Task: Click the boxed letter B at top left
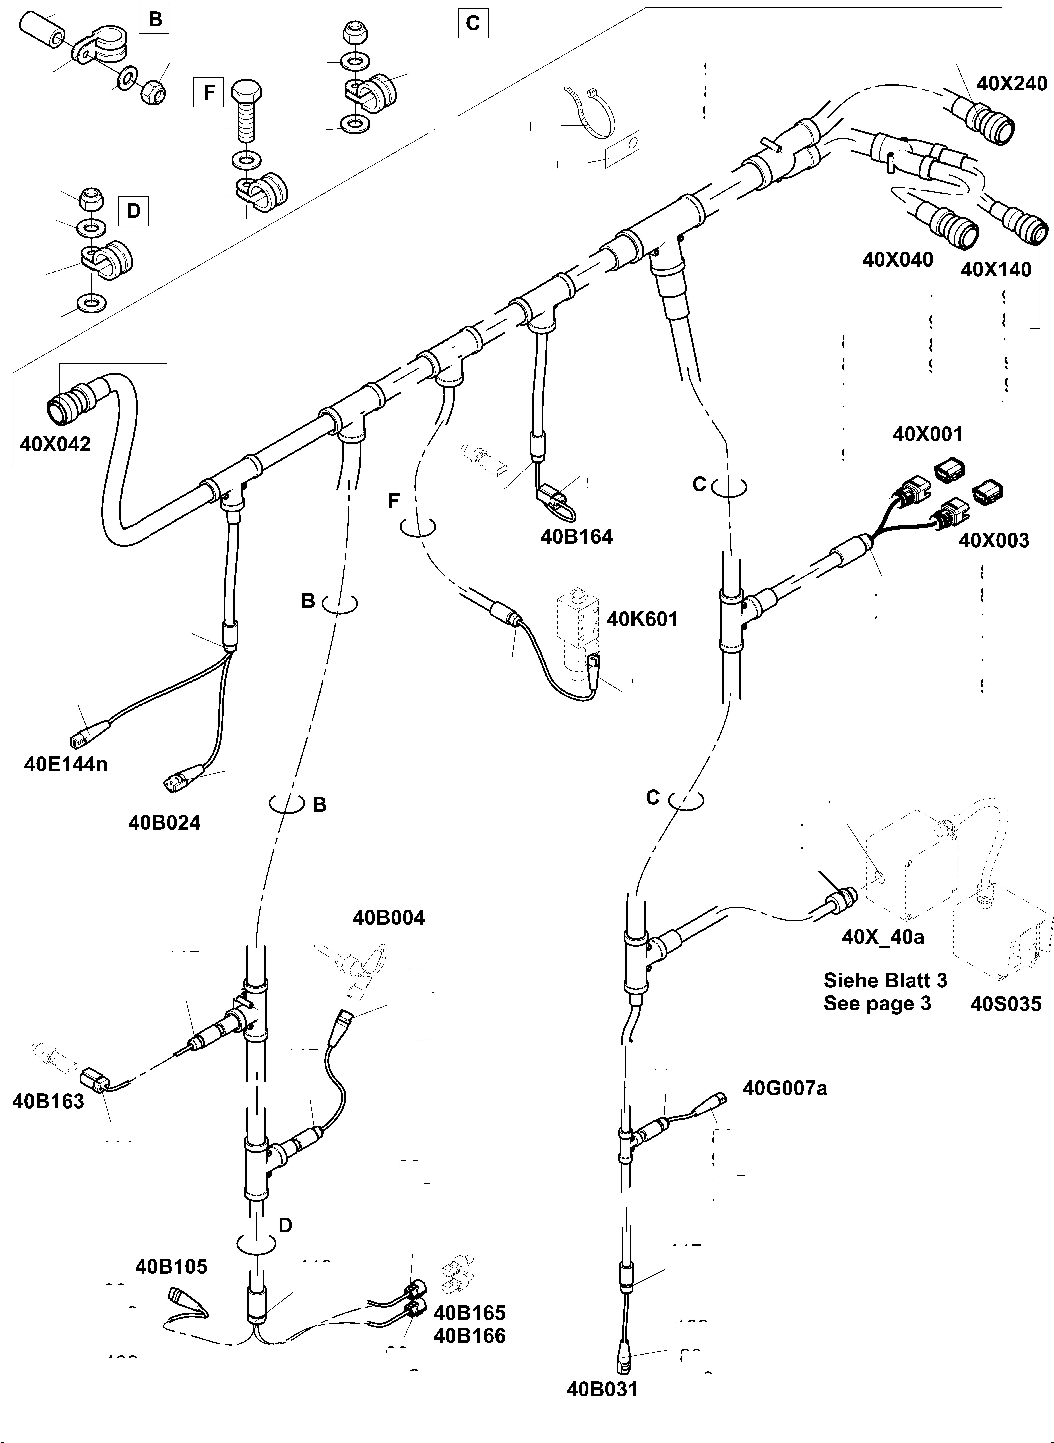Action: click(x=155, y=20)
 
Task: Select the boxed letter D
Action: click(x=133, y=211)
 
